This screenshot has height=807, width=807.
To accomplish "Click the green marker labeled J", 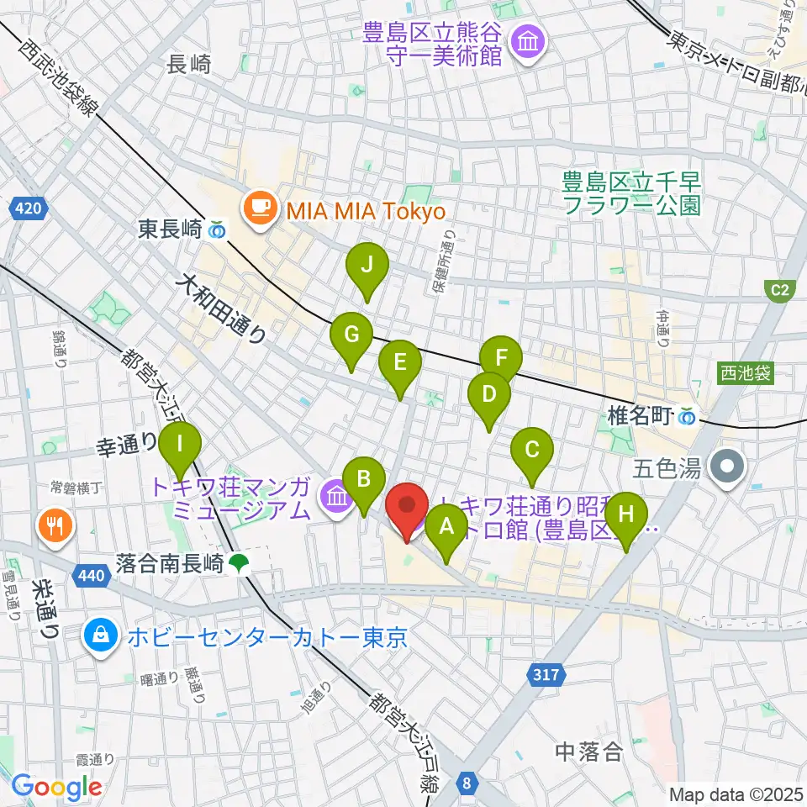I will pos(367,267).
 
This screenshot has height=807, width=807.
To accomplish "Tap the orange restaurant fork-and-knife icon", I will pos(55,527).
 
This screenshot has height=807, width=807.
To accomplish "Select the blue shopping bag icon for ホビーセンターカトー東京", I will pos(101,636).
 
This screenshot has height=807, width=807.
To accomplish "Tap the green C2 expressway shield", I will pos(781,291).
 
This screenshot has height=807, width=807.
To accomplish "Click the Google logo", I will pos(57,787).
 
